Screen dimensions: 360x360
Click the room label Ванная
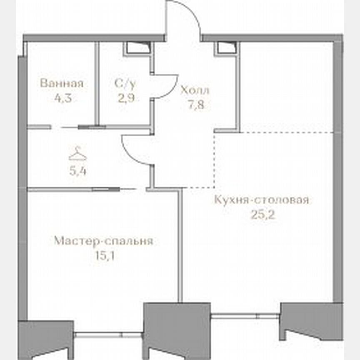(62, 83)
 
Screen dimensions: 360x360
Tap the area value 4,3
(62, 100)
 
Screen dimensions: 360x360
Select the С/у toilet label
(125, 83)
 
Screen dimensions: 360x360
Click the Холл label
(195, 90)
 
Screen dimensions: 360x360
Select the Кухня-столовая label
(262, 200)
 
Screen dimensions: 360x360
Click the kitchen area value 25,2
(262, 216)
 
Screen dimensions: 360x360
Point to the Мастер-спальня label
(104, 241)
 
